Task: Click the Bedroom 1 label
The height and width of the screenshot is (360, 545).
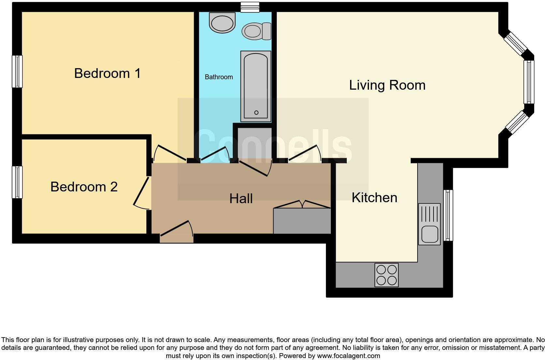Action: pos(107,73)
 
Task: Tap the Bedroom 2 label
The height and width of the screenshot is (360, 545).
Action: pos(84,187)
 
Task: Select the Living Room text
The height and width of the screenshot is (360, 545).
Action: pos(387,85)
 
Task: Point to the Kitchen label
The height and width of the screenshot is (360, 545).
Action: pos(374,198)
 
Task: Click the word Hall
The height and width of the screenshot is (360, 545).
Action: pos(241,199)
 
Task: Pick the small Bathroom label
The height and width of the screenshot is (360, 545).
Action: pos(219,77)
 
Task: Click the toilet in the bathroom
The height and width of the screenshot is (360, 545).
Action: pos(256,31)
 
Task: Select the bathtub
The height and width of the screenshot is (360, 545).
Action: pos(256,86)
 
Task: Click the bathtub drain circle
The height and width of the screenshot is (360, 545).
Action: pos(256,112)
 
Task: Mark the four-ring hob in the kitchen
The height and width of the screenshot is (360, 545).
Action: pos(387,275)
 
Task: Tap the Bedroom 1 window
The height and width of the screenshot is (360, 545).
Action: pos(17,71)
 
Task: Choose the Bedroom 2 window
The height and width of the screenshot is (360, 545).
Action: pos(17,182)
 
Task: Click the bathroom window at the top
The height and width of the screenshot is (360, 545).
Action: pos(250,7)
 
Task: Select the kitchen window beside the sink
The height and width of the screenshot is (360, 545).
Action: pos(449,215)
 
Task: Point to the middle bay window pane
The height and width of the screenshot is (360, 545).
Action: pos(529,82)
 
